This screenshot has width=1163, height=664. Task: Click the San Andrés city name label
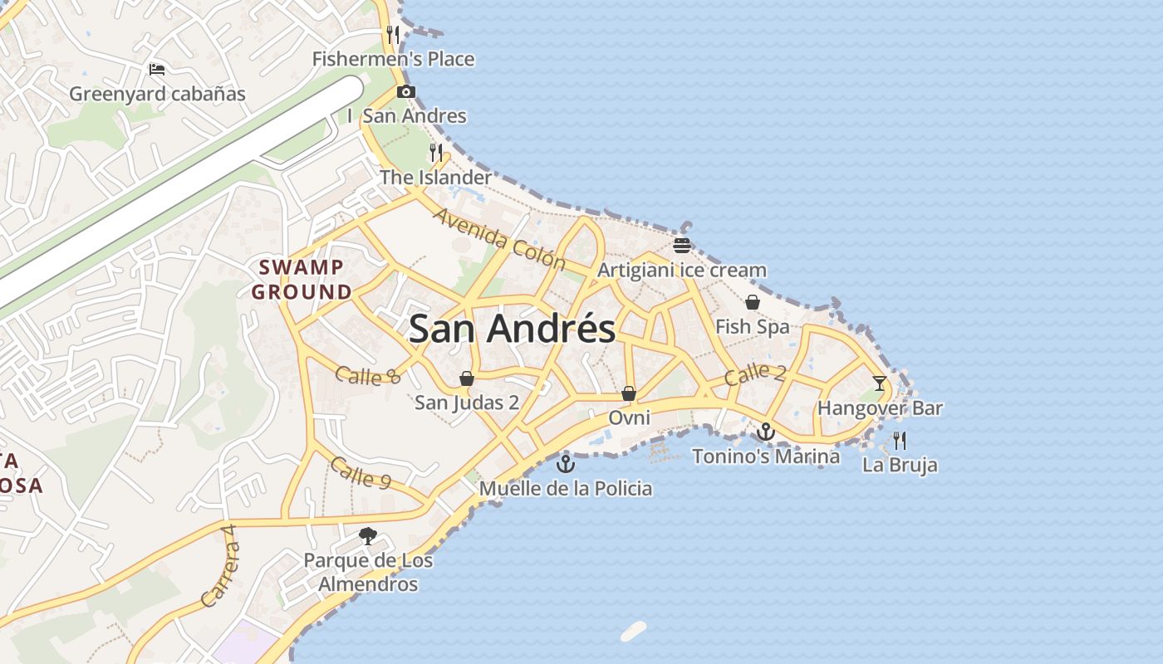click(512, 329)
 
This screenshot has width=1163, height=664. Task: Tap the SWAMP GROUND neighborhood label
click(302, 280)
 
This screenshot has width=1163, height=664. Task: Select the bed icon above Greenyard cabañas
click(157, 70)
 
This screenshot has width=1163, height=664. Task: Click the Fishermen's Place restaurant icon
click(393, 35)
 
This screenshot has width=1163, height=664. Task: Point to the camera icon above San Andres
click(405, 92)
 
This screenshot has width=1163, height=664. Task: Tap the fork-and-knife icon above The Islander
click(436, 153)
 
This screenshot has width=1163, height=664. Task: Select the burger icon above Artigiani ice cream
click(682, 246)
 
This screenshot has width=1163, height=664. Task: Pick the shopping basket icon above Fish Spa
click(753, 302)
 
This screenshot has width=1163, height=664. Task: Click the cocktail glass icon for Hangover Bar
click(880, 383)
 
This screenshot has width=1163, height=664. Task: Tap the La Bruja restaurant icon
click(900, 440)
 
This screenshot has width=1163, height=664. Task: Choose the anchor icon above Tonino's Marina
click(765, 432)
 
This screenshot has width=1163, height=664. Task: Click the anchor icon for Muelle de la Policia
click(566, 463)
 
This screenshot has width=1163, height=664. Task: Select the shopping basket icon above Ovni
click(629, 393)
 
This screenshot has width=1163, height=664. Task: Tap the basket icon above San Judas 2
click(467, 378)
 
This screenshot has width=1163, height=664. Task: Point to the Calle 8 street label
click(368, 376)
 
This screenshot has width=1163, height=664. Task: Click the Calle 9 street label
click(360, 472)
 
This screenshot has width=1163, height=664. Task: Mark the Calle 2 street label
click(754, 375)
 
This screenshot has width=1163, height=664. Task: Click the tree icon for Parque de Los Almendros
click(367, 536)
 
